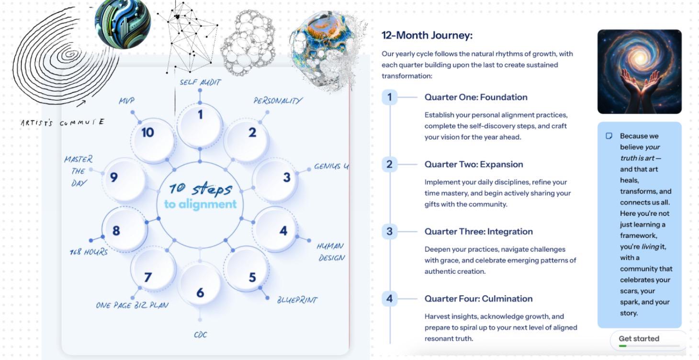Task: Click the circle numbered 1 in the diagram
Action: (x=200, y=125)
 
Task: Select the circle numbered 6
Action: (x=200, y=284)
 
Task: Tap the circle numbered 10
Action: (x=153, y=140)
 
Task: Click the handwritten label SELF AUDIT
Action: (x=200, y=82)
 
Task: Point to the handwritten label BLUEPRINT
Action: (x=297, y=300)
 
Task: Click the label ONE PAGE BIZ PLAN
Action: (x=132, y=305)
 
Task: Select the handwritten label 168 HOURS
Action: (x=89, y=252)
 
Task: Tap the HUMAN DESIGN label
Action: (x=331, y=252)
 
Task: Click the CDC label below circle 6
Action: (x=200, y=335)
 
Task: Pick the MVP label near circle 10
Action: (x=126, y=101)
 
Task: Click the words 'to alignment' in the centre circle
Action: (x=200, y=204)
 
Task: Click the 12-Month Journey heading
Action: (x=427, y=35)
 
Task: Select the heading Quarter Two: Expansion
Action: (x=474, y=164)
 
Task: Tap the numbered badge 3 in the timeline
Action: (x=389, y=232)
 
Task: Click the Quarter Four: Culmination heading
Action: (x=478, y=299)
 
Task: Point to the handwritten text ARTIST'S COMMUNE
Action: (x=62, y=122)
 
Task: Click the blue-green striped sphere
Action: (x=123, y=24)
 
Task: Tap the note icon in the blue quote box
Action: (x=609, y=135)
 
